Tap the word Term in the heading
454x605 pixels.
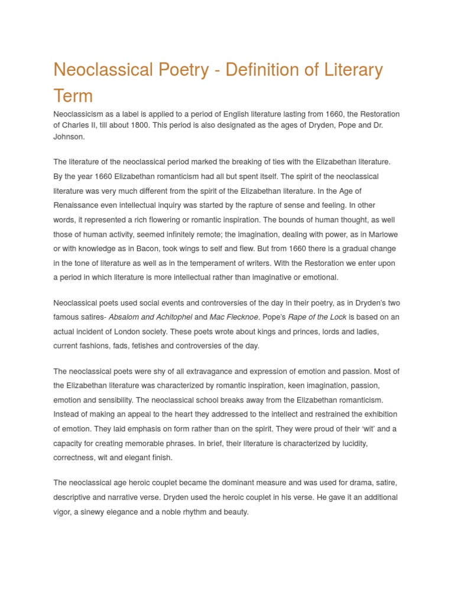(73, 95)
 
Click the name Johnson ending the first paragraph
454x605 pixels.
(69, 136)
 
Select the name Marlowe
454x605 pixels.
(382, 234)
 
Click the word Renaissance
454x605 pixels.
(78, 205)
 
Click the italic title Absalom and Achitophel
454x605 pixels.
(151, 317)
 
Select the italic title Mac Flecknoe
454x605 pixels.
(234, 317)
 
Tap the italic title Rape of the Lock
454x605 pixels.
(317, 317)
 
